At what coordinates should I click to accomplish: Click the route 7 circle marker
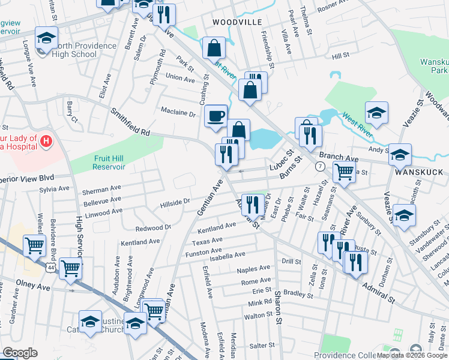(321, 166)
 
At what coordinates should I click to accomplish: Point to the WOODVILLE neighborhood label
(237, 22)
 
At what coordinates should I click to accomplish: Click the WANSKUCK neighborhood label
(414, 171)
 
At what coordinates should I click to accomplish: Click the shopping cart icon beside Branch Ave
(343, 171)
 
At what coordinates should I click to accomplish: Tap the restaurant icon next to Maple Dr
(252, 205)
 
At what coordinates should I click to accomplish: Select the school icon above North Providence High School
(46, 38)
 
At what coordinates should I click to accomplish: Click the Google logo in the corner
(20, 353)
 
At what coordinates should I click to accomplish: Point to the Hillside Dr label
(175, 204)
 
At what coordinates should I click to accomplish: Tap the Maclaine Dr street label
(178, 112)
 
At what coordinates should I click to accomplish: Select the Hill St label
(340, 56)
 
